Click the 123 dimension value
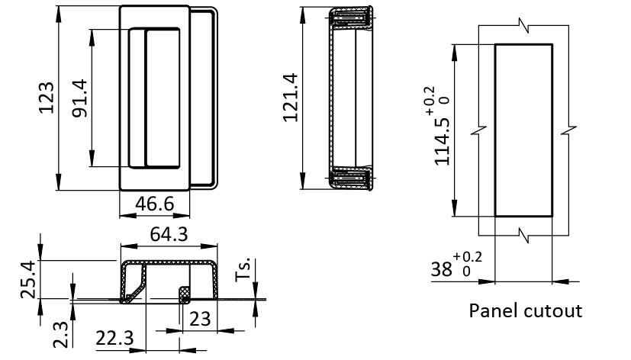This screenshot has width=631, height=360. pyautogui.click(x=47, y=98)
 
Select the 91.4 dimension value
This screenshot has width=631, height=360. pyautogui.click(x=79, y=98)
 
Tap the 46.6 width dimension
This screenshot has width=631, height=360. pyautogui.click(x=155, y=204)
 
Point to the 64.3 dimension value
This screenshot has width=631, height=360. pyautogui.click(x=169, y=234)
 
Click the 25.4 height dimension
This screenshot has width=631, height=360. pyautogui.click(x=28, y=280)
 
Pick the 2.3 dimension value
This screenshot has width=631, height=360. pyautogui.click(x=61, y=334)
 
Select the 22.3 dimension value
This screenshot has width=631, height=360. pyautogui.click(x=114, y=339)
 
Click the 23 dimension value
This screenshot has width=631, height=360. pyautogui.click(x=200, y=319)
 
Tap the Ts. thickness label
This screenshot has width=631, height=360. pyautogui.click(x=243, y=269)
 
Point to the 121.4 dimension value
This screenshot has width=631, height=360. pyautogui.click(x=290, y=98)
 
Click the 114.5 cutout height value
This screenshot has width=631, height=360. pyautogui.click(x=442, y=142)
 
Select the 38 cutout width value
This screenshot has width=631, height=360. pyautogui.click(x=442, y=269)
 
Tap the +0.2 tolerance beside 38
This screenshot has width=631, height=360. pyautogui.click(x=467, y=257)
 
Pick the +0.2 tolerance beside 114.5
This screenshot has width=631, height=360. pyautogui.click(x=430, y=101)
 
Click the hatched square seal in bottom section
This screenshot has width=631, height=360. pyautogui.click(x=185, y=294)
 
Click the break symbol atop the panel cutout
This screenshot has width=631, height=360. pyautogui.click(x=524, y=26)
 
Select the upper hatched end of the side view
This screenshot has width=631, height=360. pyautogui.click(x=351, y=18)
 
